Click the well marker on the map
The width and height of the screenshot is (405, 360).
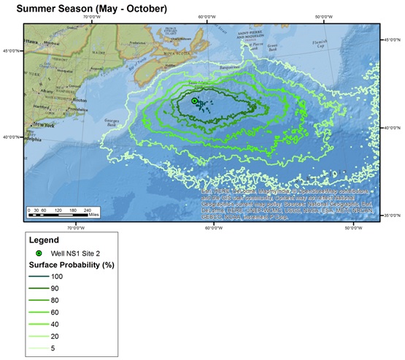click(x=195, y=102)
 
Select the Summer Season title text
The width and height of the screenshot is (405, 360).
click(x=91, y=9)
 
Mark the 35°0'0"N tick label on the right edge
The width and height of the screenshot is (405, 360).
click(x=393, y=215)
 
